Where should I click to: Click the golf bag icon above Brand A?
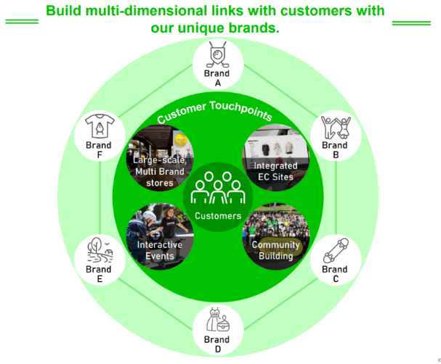point(217,54)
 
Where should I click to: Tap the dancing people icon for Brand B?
point(336,128)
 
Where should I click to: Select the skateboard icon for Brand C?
point(336,251)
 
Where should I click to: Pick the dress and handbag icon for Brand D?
point(218,320)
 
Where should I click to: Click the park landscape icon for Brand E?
point(100,251)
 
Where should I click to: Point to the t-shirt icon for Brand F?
point(100,126)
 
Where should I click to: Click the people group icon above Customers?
point(218,188)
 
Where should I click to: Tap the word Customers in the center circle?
point(218,216)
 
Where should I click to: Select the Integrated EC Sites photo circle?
point(276,157)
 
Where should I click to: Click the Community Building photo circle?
point(276,236)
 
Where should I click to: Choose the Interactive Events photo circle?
point(160,236)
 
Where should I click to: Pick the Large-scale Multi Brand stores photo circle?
point(160,158)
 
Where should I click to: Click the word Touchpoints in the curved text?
point(241,110)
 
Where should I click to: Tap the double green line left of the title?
point(22,22)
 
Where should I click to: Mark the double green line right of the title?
point(411,23)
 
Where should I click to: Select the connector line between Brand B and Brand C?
point(336,197)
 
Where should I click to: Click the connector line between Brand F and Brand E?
point(100,197)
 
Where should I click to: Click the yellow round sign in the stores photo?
point(181,139)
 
